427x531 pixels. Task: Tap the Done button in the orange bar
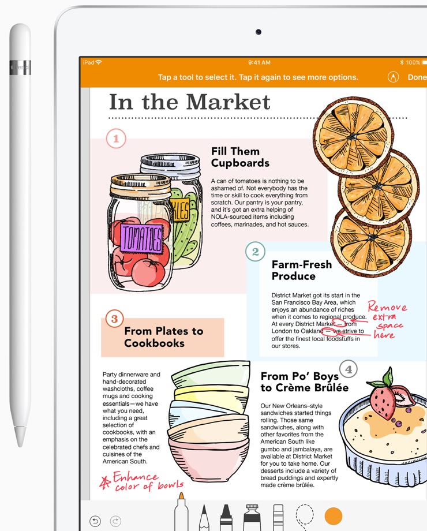(x=417, y=77)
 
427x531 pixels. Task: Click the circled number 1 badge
(x=116, y=139)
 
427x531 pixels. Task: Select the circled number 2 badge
(x=255, y=252)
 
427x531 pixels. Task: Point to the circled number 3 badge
(x=114, y=319)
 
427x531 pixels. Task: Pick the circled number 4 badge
(x=349, y=369)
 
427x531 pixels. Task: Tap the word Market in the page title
(x=229, y=102)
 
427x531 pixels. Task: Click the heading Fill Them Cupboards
(x=240, y=157)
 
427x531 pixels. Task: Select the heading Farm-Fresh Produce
(x=302, y=270)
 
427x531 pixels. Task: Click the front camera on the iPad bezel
(x=259, y=32)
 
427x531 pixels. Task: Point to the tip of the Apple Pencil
(x=20, y=446)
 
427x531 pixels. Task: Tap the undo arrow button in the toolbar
(x=95, y=521)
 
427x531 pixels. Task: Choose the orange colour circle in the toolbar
(x=334, y=516)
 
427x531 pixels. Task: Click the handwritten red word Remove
(x=387, y=306)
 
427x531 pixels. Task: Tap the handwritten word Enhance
(x=135, y=477)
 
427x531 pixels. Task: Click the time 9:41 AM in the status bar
(x=259, y=63)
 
